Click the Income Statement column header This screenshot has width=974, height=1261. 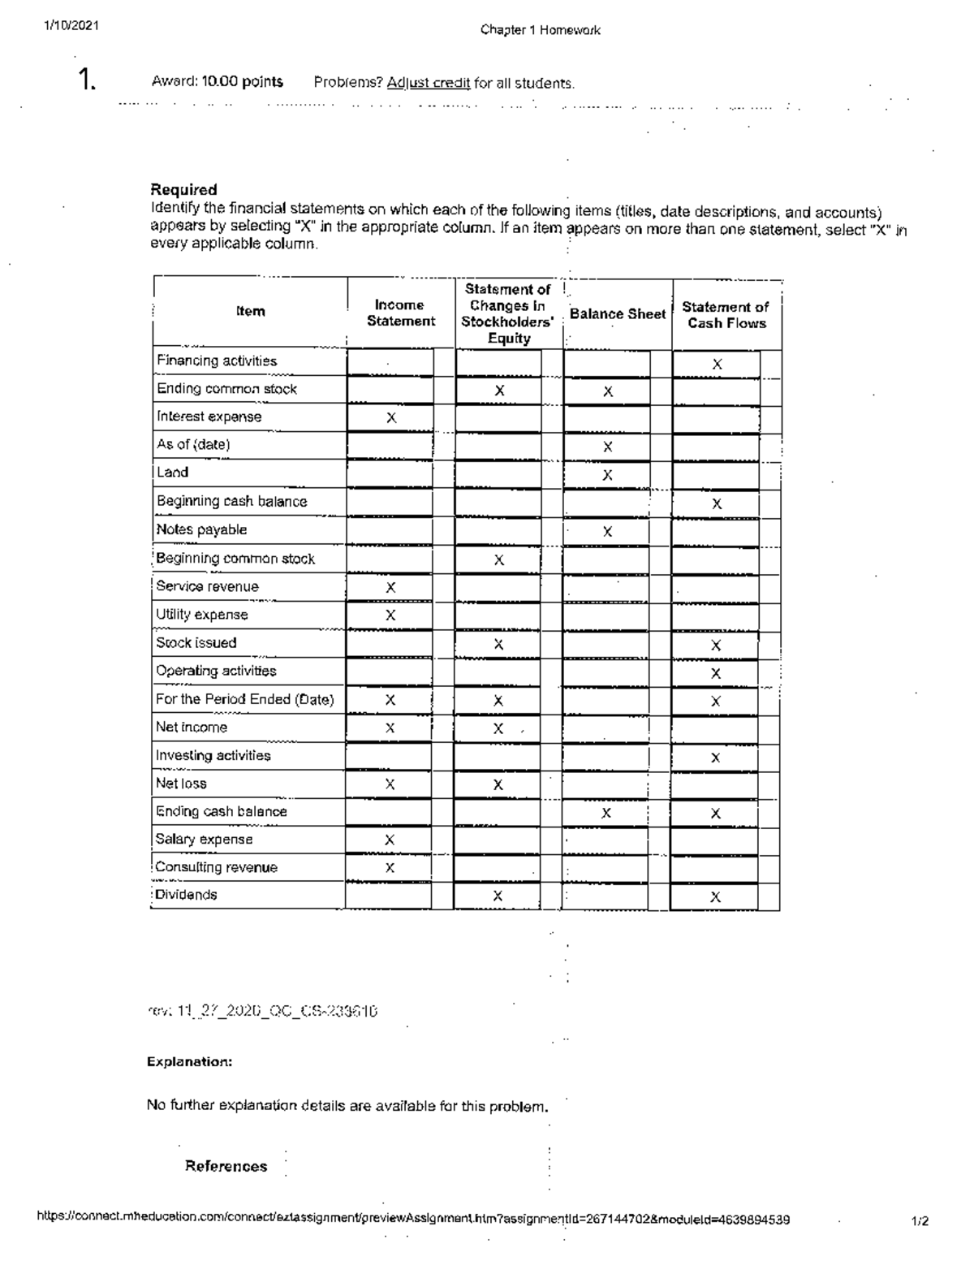coord(400,313)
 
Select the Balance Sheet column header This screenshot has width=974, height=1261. coord(618,314)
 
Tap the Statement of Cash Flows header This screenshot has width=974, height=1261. coord(726,315)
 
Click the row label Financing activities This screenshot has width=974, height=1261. coord(217,361)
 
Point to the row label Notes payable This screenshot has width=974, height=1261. coord(201,530)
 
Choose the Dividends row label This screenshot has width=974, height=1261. coord(186,895)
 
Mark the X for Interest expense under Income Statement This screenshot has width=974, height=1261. coord(391,418)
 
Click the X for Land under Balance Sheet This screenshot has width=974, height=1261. coord(607,475)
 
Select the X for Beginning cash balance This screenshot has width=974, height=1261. coord(717,504)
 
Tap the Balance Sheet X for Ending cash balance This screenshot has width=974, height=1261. coord(606,813)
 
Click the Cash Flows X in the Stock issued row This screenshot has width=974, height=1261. coord(716,646)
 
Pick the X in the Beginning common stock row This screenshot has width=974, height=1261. coord(499,560)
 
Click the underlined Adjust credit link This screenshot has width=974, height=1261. coord(429,83)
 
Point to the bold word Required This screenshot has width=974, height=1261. coord(184,190)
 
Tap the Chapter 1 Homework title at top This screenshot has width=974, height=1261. coord(540,30)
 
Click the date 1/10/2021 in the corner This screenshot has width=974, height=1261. coord(71,25)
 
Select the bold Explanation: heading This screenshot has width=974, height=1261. coord(190,1062)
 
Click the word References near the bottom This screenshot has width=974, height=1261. coord(226,1166)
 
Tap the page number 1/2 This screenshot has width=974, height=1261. coord(920,1220)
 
